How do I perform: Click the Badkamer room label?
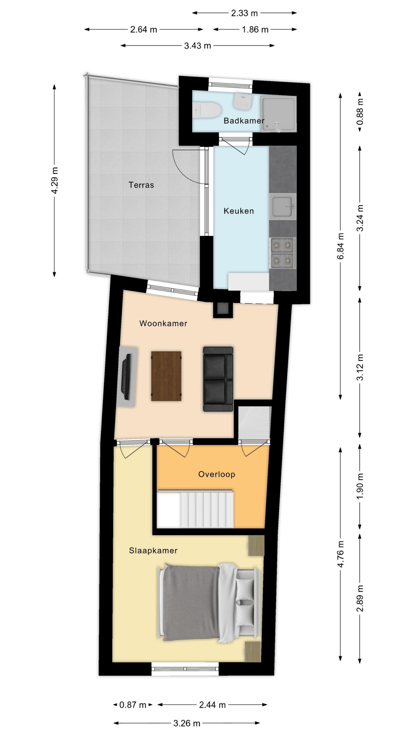(x=244, y=120)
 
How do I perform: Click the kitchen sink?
(x=283, y=206)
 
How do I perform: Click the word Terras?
(x=141, y=185)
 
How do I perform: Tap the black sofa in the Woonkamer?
(x=218, y=379)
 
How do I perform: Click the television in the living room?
(x=127, y=377)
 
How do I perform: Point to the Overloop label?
(x=217, y=474)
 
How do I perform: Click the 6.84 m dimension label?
(x=340, y=246)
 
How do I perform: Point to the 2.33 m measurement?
(x=244, y=13)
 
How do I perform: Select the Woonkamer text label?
(x=163, y=323)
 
